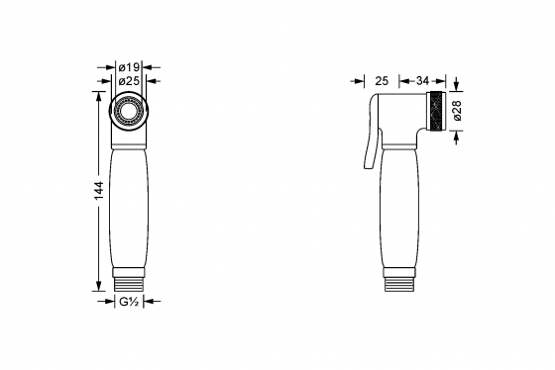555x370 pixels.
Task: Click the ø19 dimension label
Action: click(129, 67)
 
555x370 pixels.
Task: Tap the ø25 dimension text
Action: click(129, 81)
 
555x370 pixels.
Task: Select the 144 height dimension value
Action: click(98, 191)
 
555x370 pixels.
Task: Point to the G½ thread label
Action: click(129, 302)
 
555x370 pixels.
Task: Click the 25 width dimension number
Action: click(382, 81)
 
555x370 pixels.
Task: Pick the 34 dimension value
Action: click(422, 81)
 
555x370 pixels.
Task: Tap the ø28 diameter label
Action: click(457, 111)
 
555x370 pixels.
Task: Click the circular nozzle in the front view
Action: click(129, 112)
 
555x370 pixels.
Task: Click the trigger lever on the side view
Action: click(371, 141)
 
